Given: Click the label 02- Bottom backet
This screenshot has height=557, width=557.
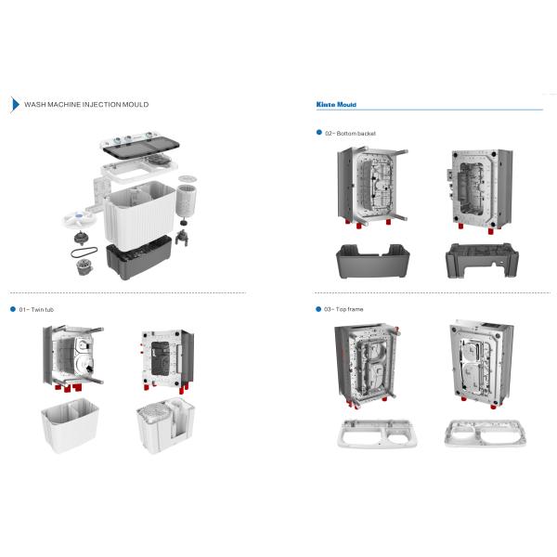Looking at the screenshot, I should pyautogui.click(x=350, y=134).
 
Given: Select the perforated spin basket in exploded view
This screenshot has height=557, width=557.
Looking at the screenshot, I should pyautogui.click(x=190, y=197).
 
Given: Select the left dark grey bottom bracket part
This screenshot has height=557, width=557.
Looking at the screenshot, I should pyautogui.click(x=371, y=259).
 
